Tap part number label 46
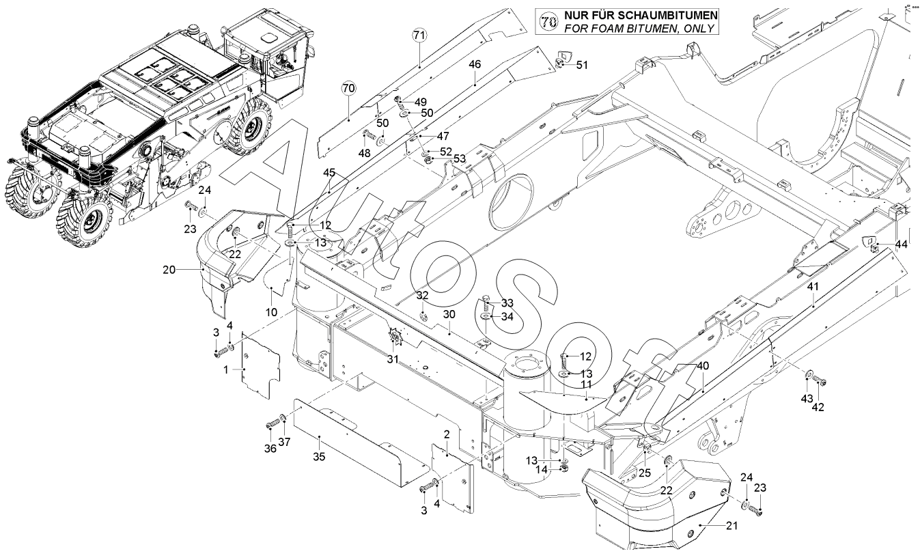(475, 64)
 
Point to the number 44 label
(902, 244)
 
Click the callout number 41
(813, 288)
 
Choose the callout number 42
(818, 407)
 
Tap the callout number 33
(507, 303)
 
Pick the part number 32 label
(423, 295)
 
